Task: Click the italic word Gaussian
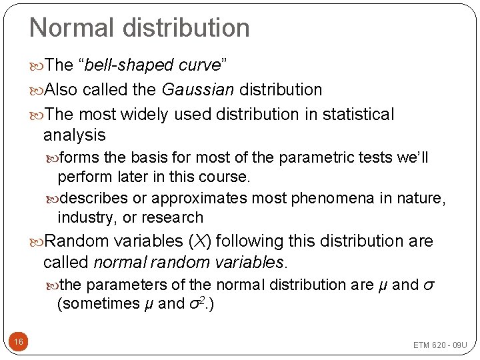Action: pos(195,89)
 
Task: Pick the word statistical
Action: pos(358,115)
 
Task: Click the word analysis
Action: pos(74,135)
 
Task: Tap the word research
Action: pos(175,217)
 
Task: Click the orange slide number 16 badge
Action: pos(19,342)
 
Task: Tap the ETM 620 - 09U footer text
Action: pos(440,345)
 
